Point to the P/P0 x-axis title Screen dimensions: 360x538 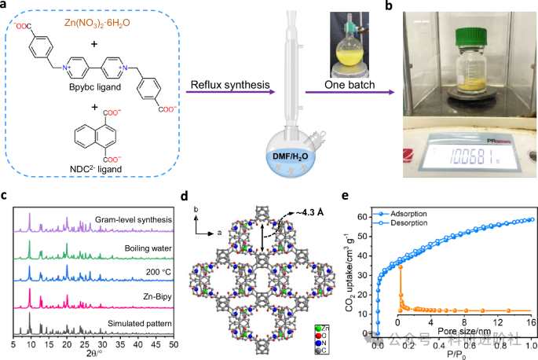click(x=456, y=354)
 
